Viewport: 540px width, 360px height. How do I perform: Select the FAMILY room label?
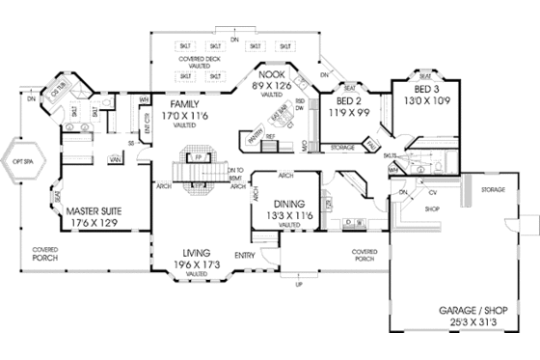click(183, 102)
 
